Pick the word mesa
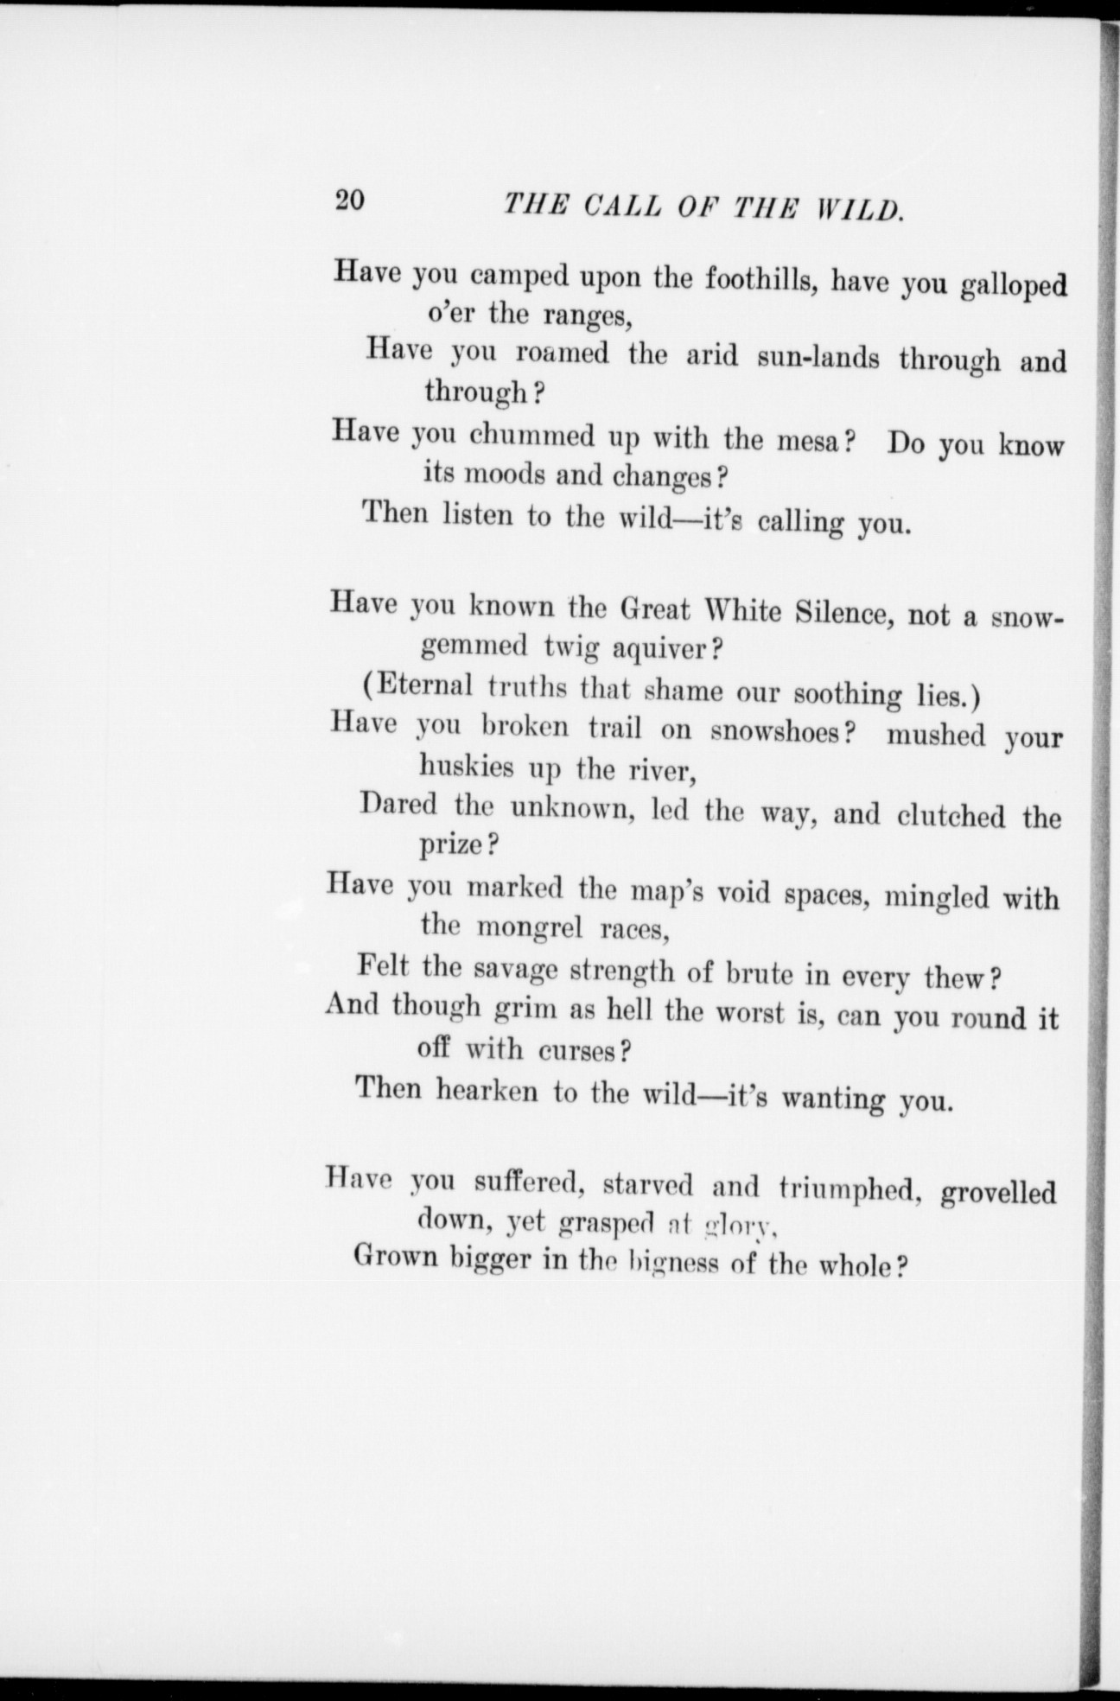(x=804, y=441)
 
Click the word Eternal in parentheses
(x=424, y=686)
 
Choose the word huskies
(x=466, y=766)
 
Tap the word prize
(x=450, y=844)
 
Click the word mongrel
(x=530, y=927)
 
